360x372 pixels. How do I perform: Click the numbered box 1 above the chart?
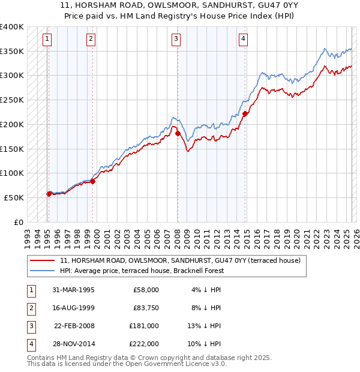(47, 40)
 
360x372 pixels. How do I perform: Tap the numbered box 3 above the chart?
(176, 40)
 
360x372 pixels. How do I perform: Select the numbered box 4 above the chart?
(243, 40)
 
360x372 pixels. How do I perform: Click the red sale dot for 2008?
(178, 133)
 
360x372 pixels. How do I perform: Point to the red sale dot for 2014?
(245, 113)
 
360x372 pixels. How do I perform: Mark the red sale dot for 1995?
(49, 193)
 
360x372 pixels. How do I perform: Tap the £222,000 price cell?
(143, 344)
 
